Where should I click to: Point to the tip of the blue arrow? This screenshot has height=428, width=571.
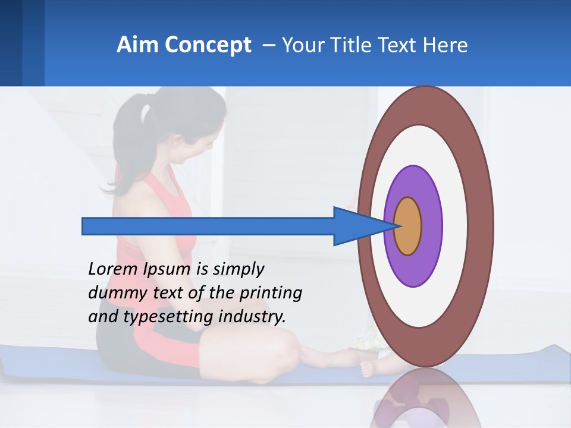point(396,226)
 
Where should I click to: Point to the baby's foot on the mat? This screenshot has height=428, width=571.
point(368,369)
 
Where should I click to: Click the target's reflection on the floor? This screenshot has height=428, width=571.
point(425,398)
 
